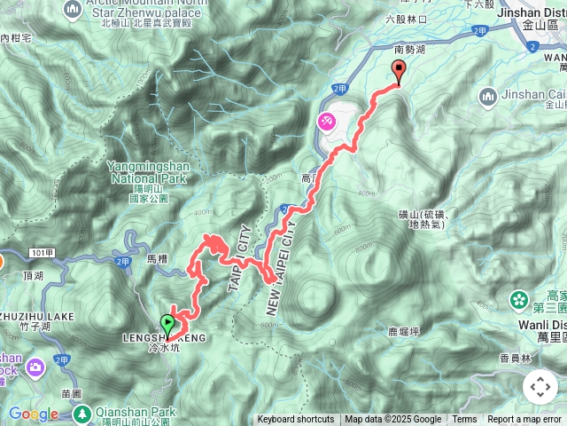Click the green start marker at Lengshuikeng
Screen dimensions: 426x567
coord(167,325)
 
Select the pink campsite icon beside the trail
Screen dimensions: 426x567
coord(326,120)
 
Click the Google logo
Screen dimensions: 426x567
coord(34,414)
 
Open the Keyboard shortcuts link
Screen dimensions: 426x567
coord(296,420)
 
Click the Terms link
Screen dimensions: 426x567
coord(464,420)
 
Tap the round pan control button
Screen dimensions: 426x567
coord(540,387)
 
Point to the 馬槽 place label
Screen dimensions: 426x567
coord(157,258)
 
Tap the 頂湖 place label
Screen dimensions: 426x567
coord(34,276)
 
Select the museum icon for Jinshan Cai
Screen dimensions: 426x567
coord(486,95)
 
